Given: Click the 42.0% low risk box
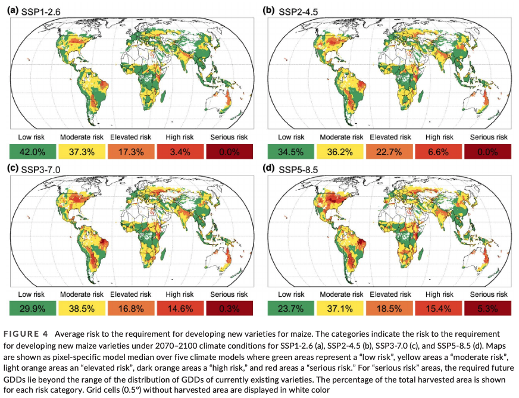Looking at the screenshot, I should [32, 151].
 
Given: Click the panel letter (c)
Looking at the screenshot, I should [12, 170].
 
